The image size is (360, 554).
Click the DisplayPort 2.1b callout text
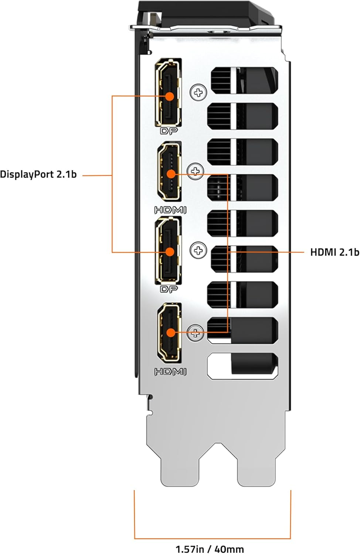pyautogui.click(x=38, y=174)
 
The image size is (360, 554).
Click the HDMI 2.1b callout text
pyautogui.click(x=334, y=252)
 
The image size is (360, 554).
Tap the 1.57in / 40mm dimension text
pyautogui.click(x=210, y=549)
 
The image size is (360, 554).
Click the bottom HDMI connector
pyautogui.click(x=170, y=332)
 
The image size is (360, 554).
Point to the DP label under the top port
pyautogui.click(x=169, y=131)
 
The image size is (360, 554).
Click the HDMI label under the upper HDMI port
pyautogui.click(x=170, y=210)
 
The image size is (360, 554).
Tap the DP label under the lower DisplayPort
pyautogui.click(x=169, y=289)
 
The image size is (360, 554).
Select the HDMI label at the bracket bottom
pyautogui.click(x=170, y=372)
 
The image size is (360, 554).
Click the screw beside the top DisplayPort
pyautogui.click(x=198, y=92)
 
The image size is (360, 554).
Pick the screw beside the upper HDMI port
pyautogui.click(x=196, y=171)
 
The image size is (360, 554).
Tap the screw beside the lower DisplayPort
pyautogui.click(x=198, y=250)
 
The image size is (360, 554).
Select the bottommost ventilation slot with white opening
pyautogui.click(x=243, y=366)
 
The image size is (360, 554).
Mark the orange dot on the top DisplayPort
pyautogui.click(x=170, y=96)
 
